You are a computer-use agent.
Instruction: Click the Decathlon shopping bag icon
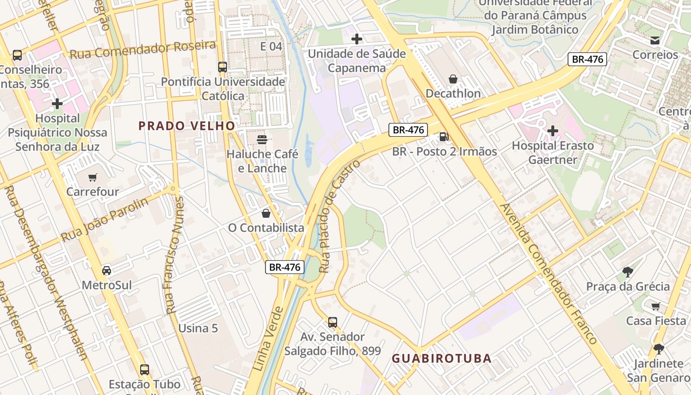(453, 79)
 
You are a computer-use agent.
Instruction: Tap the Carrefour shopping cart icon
(92, 177)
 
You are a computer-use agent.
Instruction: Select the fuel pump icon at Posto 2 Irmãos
(444, 137)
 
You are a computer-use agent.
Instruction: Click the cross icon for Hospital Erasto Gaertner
(553, 131)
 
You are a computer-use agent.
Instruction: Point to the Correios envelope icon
(655, 40)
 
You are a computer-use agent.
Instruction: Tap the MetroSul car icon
(107, 271)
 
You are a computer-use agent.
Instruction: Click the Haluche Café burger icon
(262, 139)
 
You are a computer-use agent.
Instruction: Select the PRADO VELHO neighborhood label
(187, 126)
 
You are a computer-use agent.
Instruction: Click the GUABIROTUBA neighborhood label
(442, 358)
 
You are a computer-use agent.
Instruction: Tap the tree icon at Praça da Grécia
(628, 272)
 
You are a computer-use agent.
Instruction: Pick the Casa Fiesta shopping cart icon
(655, 306)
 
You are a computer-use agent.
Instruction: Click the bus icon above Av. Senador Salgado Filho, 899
(333, 322)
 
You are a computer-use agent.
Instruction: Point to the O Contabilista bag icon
(266, 213)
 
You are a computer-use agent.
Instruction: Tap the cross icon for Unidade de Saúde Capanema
(356, 39)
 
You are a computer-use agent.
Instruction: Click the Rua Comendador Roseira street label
(143, 50)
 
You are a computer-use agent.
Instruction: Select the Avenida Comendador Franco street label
(548, 274)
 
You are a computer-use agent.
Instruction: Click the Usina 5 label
(198, 328)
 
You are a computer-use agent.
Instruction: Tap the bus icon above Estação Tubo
(145, 369)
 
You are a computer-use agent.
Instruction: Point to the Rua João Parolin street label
(104, 220)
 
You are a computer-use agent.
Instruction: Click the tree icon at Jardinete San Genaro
(658, 349)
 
